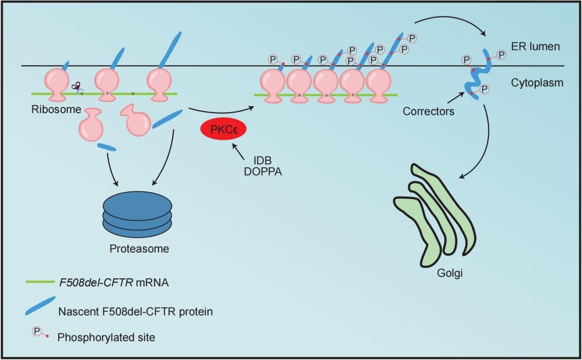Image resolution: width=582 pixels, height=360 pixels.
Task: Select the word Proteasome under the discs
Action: pyautogui.click(x=139, y=249)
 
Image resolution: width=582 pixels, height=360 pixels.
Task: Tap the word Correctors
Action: pyautogui.click(x=429, y=111)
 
